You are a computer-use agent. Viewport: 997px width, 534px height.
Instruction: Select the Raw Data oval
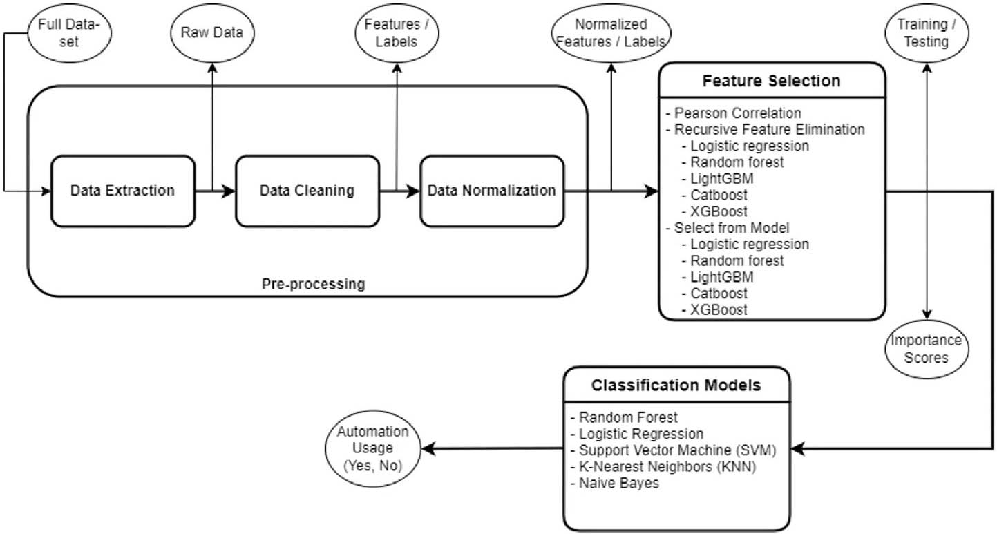(x=212, y=34)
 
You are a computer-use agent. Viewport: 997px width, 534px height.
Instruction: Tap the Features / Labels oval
(x=396, y=34)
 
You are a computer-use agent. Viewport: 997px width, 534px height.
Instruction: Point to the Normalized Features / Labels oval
(x=610, y=34)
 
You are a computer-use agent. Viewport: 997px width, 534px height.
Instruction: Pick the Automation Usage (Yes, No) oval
(x=374, y=450)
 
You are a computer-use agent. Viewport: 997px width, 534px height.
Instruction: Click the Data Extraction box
(x=122, y=191)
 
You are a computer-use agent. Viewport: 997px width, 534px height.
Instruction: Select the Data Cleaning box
(x=307, y=191)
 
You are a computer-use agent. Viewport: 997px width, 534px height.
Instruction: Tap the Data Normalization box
(x=491, y=191)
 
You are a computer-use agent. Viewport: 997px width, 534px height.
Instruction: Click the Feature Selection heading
(x=771, y=81)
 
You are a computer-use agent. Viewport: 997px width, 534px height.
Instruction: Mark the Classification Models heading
(x=676, y=385)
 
